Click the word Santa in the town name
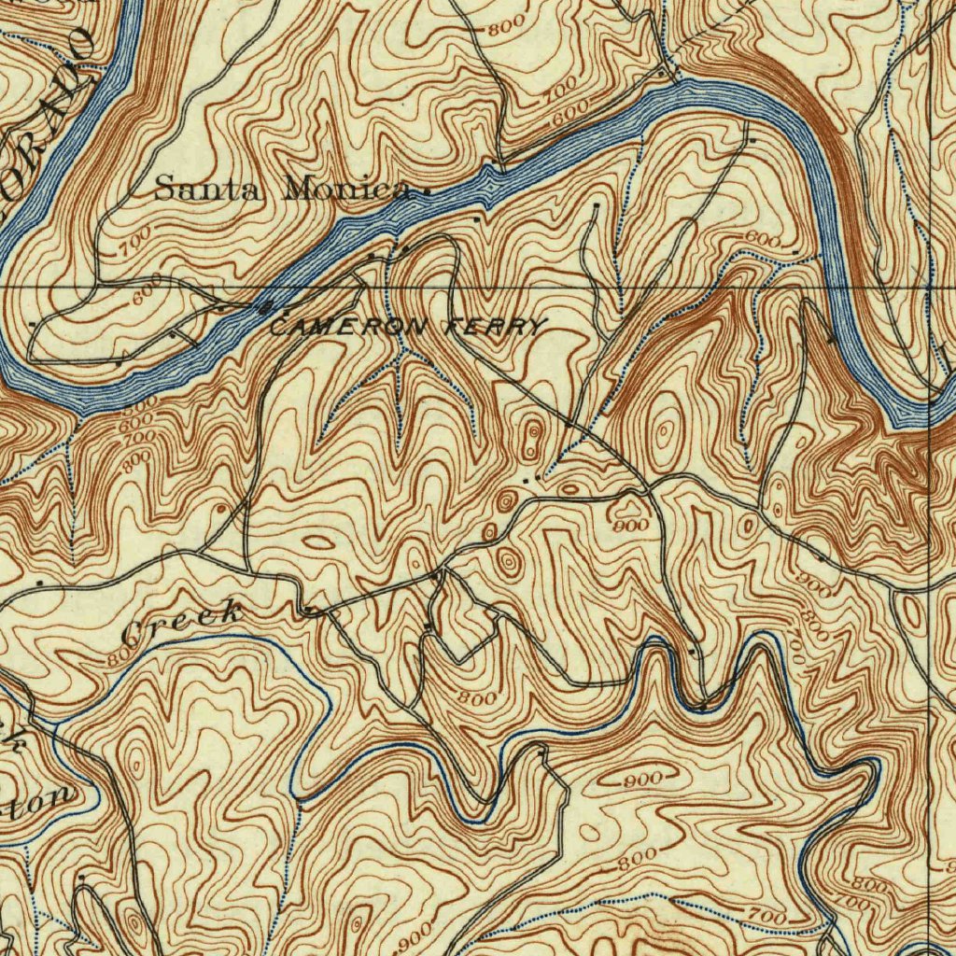pos(208,189)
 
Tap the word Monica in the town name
pos(345,190)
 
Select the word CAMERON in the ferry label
pos(349,327)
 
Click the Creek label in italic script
pos(183,623)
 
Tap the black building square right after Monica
pos(427,192)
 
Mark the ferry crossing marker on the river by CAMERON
pos(266,307)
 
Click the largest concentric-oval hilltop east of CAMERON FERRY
pos(665,430)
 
